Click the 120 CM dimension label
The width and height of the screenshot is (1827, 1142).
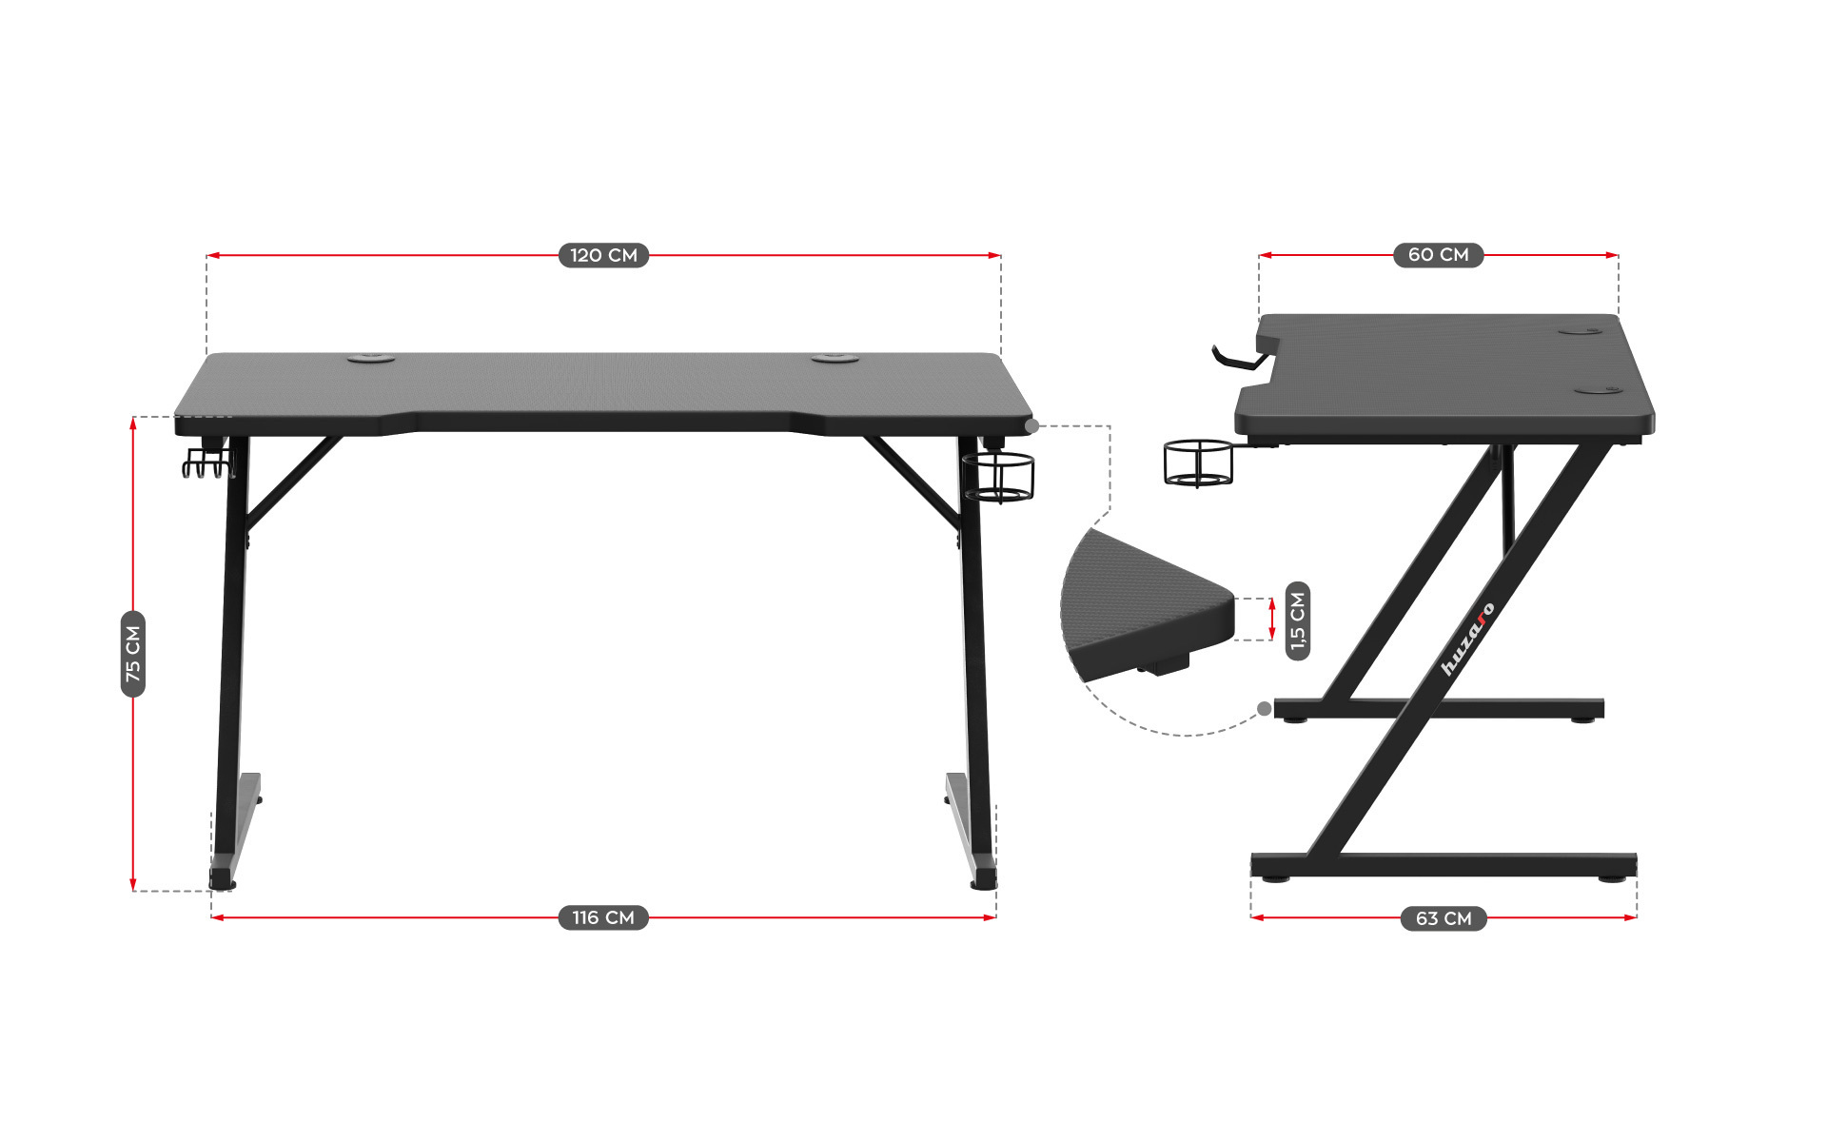[603, 255]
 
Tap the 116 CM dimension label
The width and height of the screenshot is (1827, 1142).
[603, 917]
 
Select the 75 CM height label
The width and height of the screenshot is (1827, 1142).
[133, 654]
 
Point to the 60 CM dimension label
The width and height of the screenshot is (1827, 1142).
[1438, 254]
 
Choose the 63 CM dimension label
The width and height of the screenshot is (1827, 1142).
[1444, 918]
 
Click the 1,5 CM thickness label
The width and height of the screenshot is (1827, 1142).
[1298, 620]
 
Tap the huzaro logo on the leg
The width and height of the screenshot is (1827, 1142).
[1467, 640]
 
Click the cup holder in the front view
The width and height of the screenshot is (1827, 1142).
[998, 476]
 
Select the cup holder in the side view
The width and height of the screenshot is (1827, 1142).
[1198, 463]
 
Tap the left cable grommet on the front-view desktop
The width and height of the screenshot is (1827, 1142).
[371, 359]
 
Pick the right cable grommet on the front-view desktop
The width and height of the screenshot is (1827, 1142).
[836, 359]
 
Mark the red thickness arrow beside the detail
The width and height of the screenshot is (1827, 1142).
[1272, 620]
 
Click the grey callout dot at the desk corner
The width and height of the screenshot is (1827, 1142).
[1032, 426]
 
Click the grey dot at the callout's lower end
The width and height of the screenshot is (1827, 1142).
[1264, 708]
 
